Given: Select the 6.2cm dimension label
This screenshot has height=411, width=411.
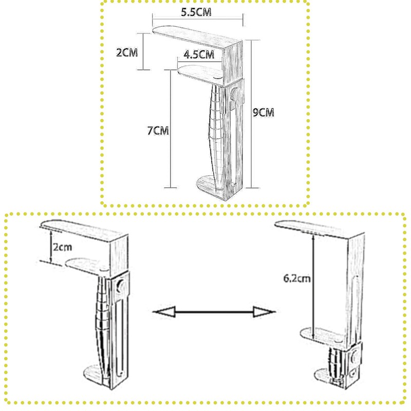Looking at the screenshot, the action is [296, 279].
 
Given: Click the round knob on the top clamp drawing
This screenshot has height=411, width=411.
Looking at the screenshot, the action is [234, 94].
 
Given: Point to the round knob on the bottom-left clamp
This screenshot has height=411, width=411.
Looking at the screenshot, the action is [122, 286].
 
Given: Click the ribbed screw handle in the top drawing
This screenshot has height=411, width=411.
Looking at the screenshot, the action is [216, 134].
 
